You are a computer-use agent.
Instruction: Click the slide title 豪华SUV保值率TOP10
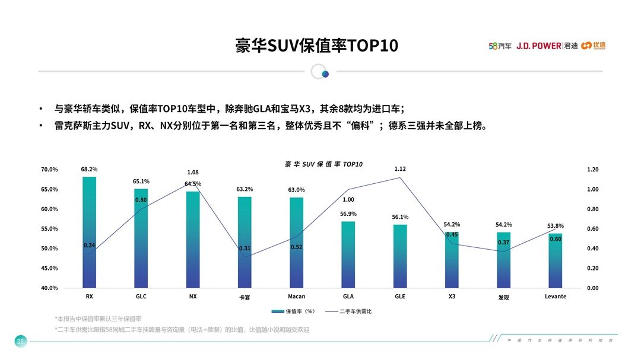click(316, 46)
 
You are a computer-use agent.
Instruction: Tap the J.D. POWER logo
click(538, 46)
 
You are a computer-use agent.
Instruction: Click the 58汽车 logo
click(500, 46)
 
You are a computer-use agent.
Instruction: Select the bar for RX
click(89, 232)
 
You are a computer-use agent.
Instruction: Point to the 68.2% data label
click(89, 169)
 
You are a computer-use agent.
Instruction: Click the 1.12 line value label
click(400, 169)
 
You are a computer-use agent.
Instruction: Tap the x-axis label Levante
click(555, 297)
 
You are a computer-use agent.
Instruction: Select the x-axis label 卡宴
click(245, 297)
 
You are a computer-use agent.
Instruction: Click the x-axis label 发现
click(503, 297)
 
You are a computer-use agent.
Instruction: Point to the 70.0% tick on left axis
click(49, 170)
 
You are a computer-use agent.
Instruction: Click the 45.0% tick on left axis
click(49, 268)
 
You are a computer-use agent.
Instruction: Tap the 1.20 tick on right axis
click(592, 170)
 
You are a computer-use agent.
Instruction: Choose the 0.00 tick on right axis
click(592, 288)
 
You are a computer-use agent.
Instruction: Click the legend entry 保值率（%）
click(295, 311)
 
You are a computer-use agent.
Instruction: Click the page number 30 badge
click(20, 341)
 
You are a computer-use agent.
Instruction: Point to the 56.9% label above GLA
click(348, 214)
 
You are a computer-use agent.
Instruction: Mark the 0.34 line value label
click(89, 245)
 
